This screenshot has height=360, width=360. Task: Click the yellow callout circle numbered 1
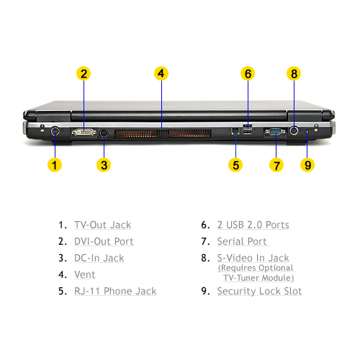coord(55,165)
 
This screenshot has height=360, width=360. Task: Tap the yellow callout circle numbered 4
coord(161,73)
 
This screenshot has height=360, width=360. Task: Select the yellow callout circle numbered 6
coord(248,73)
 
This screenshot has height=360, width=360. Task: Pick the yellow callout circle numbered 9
coord(307,165)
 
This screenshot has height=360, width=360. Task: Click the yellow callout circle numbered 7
coord(276,165)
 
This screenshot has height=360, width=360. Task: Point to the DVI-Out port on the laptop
coord(84,132)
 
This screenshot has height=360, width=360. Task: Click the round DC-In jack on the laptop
coord(104,133)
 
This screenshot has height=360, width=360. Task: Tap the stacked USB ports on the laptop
coord(248,129)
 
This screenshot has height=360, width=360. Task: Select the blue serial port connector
coord(275,132)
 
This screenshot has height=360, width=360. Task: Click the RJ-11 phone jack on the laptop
coord(235,131)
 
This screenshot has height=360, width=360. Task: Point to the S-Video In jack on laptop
coord(294,131)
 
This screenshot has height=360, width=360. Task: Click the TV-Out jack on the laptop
coord(55,131)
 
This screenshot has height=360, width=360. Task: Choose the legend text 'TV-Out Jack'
coord(103,225)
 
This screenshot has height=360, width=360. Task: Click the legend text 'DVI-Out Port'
coord(104,241)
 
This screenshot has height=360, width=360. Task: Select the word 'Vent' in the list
coord(85,274)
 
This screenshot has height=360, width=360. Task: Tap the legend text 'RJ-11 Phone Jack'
coord(115,291)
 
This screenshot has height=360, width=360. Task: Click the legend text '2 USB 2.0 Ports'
coord(253,225)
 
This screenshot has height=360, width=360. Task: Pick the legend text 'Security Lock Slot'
coord(259,291)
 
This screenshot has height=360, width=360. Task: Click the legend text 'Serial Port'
coord(242,241)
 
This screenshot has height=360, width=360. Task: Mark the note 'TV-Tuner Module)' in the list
coord(258,278)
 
